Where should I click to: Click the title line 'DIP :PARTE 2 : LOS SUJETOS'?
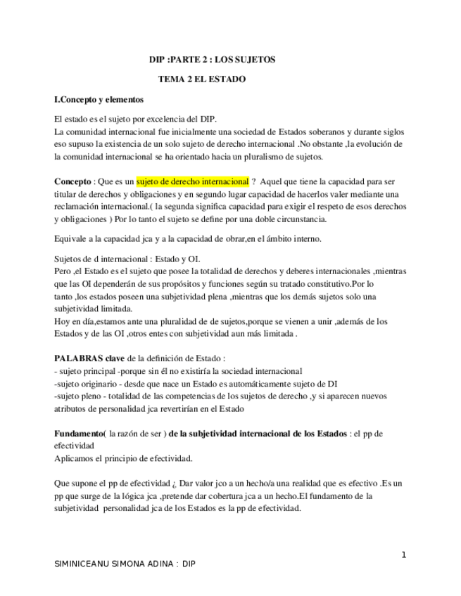pyautogui.click(x=213, y=60)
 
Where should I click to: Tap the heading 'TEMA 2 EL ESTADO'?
pyautogui.click(x=202, y=79)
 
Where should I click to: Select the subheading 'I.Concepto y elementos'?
pyautogui.click(x=99, y=100)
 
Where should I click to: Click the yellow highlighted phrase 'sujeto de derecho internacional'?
pyautogui.click(x=192, y=181)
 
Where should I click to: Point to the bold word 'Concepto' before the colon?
pyautogui.click(x=72, y=181)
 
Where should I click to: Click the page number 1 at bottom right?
pyautogui.click(x=404, y=555)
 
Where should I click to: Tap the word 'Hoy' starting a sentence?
pyautogui.click(x=62, y=321)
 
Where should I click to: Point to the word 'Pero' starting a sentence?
pyautogui.click(x=63, y=271)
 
